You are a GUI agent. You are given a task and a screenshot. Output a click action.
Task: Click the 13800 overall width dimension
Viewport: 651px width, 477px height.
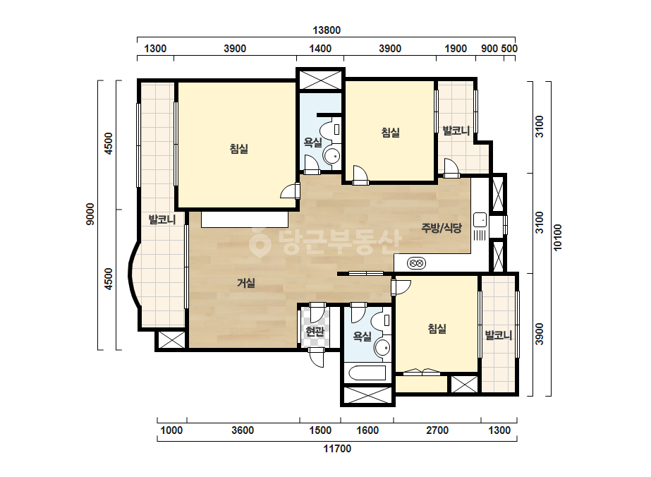[327, 30]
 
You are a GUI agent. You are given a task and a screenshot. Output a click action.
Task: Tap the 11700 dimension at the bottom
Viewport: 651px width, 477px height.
[337, 449]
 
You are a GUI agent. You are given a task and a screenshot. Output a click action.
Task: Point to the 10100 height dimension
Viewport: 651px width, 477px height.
[558, 238]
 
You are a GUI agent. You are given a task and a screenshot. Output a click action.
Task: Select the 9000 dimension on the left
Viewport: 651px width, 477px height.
[90, 215]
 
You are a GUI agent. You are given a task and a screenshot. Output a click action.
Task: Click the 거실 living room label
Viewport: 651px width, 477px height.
[245, 284]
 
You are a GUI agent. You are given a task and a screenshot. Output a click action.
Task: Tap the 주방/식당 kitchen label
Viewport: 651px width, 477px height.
[442, 228]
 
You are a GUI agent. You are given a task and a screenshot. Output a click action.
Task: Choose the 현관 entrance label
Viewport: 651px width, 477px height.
[315, 332]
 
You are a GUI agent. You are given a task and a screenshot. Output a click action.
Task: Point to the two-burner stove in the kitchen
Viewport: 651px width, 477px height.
[416, 263]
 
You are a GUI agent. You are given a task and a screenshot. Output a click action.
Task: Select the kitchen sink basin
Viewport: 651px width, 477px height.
[480, 220]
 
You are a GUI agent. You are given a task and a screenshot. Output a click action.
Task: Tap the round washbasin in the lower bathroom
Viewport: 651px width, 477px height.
[382, 347]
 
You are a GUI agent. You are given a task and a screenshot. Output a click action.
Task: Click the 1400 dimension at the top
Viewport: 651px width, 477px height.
[320, 49]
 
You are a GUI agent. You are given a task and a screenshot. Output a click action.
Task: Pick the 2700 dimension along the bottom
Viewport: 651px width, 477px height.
[437, 430]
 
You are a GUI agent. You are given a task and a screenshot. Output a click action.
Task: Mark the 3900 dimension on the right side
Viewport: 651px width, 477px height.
[539, 334]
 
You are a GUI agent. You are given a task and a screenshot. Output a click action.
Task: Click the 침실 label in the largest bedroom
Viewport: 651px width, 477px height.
[239, 149]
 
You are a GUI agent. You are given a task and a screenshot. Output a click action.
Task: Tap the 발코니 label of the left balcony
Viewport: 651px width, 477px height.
[162, 219]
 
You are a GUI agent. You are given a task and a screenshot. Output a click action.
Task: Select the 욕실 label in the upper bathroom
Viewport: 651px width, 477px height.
[312, 143]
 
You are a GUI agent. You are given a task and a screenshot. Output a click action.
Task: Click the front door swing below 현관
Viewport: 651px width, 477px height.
[317, 358]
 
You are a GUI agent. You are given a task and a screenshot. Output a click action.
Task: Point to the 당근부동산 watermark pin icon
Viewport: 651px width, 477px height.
[260, 243]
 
